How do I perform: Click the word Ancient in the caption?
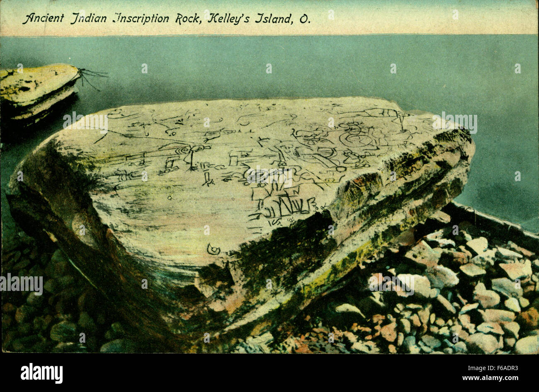43,19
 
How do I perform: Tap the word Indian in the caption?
89,19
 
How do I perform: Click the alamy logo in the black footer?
41,373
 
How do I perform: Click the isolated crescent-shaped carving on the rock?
213,249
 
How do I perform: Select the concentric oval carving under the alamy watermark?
257,176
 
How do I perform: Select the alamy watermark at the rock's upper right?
454,123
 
